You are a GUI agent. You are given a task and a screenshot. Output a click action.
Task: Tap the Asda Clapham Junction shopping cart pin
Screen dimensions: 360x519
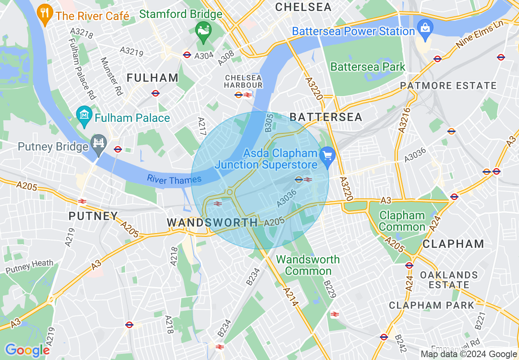click(x=327, y=156)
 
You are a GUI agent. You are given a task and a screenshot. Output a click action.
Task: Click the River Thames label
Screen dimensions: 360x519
click(x=174, y=179)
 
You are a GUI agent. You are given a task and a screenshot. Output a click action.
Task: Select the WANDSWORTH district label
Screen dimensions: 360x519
click(x=212, y=223)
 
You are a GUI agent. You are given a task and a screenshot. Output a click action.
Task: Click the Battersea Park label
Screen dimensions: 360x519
click(x=368, y=67)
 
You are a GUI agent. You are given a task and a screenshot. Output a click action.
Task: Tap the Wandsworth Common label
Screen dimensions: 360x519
click(x=308, y=265)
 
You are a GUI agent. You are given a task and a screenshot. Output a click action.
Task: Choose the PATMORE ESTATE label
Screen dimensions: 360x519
click(x=448, y=86)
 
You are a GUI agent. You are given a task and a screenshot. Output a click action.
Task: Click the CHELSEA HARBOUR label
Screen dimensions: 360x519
click(x=243, y=81)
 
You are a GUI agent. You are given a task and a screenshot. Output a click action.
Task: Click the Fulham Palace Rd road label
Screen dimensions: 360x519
click(x=82, y=69)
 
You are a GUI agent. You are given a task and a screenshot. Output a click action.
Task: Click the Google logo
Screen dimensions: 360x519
click(x=27, y=350)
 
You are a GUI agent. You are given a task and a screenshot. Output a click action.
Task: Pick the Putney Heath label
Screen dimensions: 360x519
click(x=29, y=266)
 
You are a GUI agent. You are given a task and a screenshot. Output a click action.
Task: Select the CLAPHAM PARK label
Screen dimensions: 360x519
click(x=431, y=305)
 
